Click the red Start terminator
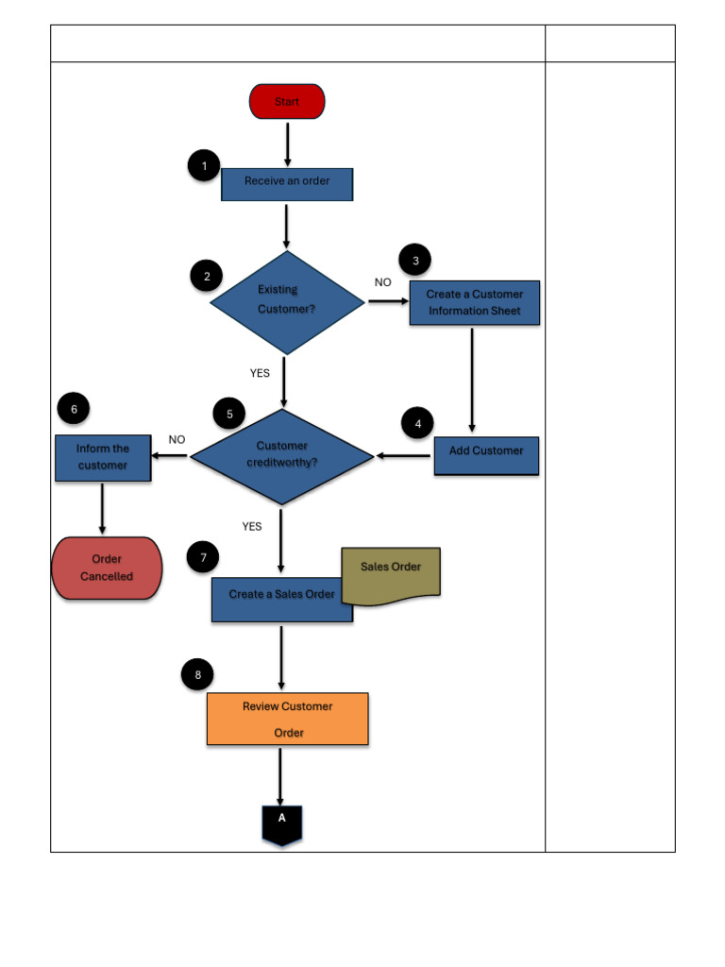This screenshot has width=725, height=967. [287, 101]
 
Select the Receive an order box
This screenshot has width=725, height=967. [287, 184]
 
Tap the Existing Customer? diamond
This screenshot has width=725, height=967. [286, 302]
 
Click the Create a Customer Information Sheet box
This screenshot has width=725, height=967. [474, 302]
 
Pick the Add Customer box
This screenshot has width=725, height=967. [486, 455]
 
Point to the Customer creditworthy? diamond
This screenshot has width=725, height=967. [282, 456]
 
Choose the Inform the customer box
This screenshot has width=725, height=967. [103, 457]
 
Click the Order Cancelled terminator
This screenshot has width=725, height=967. [107, 568]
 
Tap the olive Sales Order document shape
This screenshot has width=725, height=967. [391, 572]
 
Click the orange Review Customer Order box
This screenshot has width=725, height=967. [287, 719]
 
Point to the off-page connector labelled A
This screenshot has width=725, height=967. [281, 823]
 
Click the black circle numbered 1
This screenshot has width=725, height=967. [204, 167]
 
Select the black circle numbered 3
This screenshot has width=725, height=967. [415, 260]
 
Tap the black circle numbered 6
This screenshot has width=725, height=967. [74, 409]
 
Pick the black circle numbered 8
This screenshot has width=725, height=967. [197, 674]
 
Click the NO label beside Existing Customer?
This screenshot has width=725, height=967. [382, 282]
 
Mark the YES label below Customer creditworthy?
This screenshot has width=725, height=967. [252, 526]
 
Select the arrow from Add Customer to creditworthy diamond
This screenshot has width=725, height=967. [404, 456]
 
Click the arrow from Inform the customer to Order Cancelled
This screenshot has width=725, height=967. [102, 508]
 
